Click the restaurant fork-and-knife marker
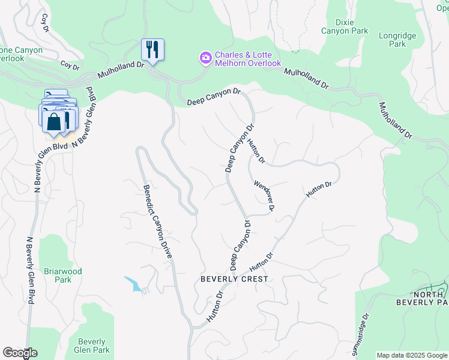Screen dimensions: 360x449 pos(152,49)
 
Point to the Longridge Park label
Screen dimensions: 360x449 pos(397,40)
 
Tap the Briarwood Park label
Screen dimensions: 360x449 pos(62,275)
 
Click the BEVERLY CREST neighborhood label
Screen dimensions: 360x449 pos(234,279)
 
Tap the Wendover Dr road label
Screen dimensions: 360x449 pos(264,196)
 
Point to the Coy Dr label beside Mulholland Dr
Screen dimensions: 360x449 pos(70,65)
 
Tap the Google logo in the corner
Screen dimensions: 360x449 pos(20,353)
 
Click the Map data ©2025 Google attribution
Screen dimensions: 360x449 pos(412,355)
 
